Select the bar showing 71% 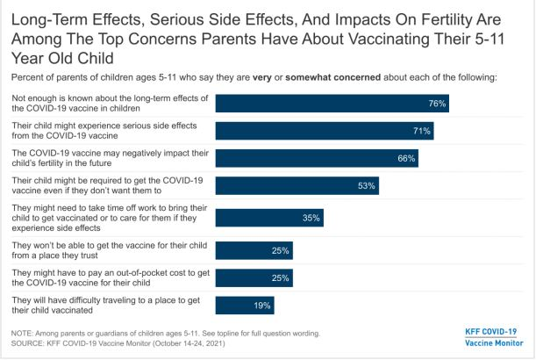(325, 131)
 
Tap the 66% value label (405, 158)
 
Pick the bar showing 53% (297, 185)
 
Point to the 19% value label (261, 305)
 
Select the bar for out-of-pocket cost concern (254, 278)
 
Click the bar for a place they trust (254, 251)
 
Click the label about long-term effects (105, 103)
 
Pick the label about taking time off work (105, 218)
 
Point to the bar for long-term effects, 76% (334, 103)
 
